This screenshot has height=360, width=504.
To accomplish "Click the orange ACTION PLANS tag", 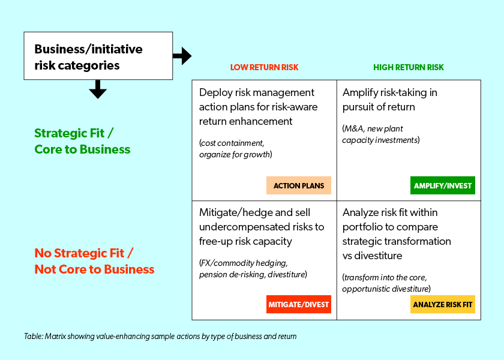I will (x=299, y=185).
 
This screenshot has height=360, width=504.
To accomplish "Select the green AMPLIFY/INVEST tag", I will (x=443, y=185).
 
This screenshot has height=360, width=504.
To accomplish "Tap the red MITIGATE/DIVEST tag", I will (x=299, y=304).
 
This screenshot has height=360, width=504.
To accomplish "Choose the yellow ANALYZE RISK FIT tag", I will (x=443, y=304).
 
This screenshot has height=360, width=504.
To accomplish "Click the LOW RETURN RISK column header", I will (x=264, y=67).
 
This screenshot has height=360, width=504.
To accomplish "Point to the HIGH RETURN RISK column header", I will (x=409, y=67).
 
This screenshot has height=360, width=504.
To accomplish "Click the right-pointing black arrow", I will (x=182, y=56).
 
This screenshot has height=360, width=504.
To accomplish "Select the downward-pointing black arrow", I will (x=97, y=89).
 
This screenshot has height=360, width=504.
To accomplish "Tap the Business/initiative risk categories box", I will (x=98, y=56).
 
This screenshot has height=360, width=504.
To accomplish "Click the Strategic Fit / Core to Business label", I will (x=82, y=141).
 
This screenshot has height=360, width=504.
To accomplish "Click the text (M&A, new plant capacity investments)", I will (x=380, y=134).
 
